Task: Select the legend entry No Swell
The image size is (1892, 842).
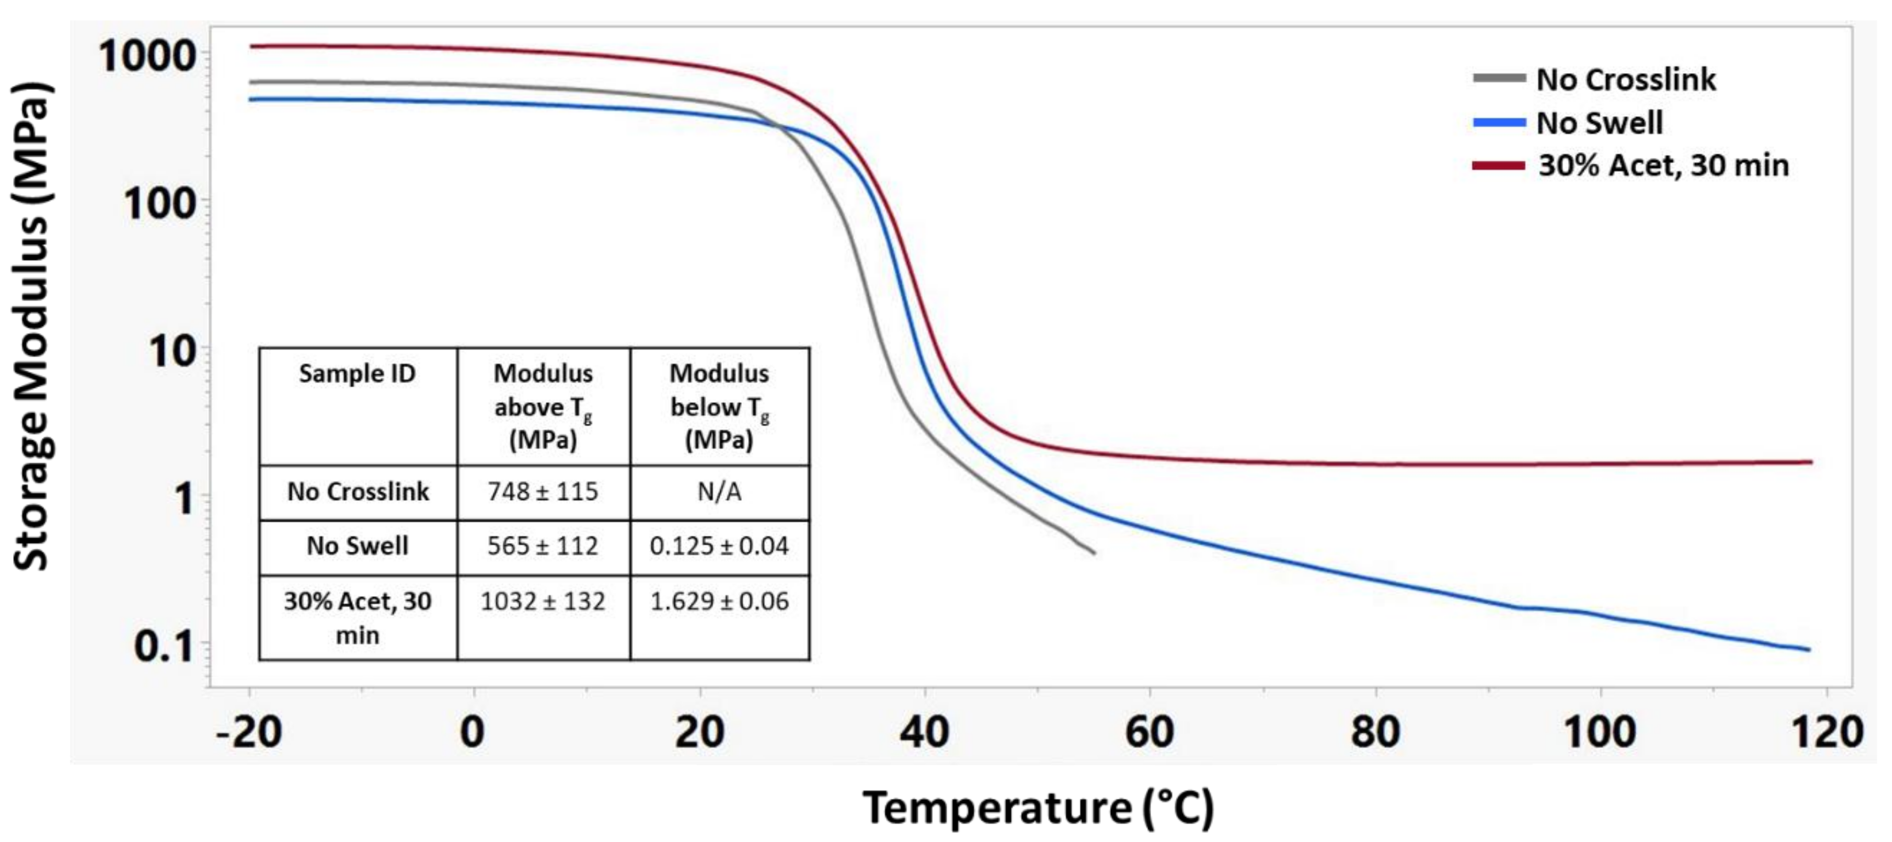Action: [x=1599, y=123]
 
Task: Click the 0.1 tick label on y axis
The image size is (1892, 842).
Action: [x=165, y=647]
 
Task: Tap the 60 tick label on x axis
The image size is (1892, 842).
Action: [x=1150, y=732]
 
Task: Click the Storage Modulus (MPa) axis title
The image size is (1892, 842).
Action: [x=31, y=326]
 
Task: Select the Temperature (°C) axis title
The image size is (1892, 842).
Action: [x=1038, y=808]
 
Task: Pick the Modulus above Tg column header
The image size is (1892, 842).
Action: [x=543, y=406]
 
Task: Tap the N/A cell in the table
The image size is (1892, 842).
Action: [x=719, y=492]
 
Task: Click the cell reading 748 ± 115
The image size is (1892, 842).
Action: [x=543, y=492]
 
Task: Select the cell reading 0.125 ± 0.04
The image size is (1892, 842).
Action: [x=719, y=546]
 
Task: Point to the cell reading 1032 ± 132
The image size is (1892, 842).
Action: [x=543, y=602]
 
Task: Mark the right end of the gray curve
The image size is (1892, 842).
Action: [x=1094, y=553]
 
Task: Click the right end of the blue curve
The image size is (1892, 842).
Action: [x=1809, y=649]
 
